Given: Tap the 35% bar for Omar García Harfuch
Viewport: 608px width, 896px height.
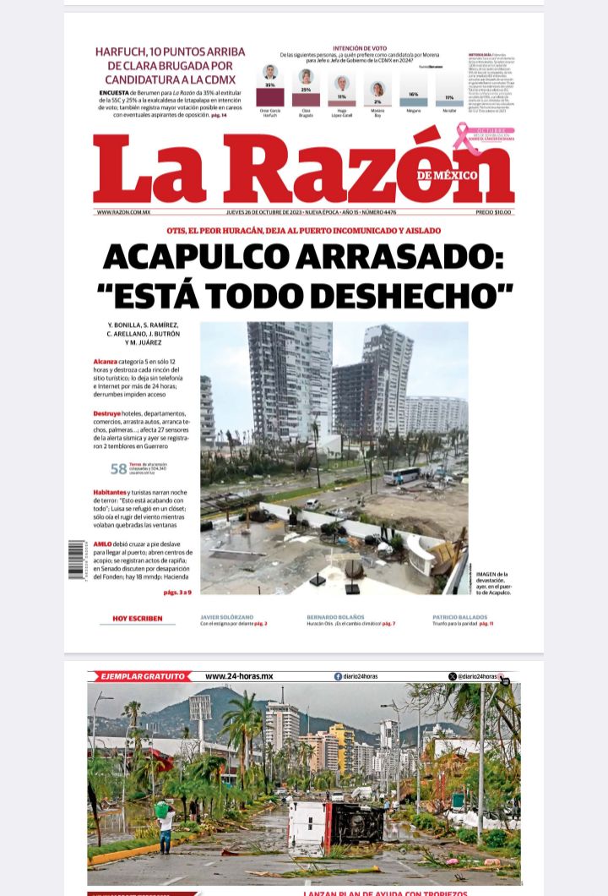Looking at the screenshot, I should pyautogui.click(x=270, y=96).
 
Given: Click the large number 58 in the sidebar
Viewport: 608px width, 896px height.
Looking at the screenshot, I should pyautogui.click(x=119, y=469).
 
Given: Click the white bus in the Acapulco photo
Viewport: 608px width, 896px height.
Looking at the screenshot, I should pyautogui.click(x=402, y=475).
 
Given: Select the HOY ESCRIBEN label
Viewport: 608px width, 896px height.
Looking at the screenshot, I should pyautogui.click(x=138, y=619).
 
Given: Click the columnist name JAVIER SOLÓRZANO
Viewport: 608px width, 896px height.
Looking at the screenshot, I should pyautogui.click(x=226, y=617).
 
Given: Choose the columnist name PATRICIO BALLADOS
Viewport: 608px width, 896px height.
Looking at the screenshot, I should pyautogui.click(x=461, y=617).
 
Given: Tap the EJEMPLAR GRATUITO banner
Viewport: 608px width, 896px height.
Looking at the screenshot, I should pyautogui.click(x=141, y=676).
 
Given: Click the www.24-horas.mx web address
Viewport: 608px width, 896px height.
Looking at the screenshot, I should pyautogui.click(x=239, y=676).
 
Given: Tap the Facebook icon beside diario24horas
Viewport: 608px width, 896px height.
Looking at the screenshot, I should pyautogui.click(x=339, y=676).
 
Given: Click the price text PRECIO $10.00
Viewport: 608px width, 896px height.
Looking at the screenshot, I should pyautogui.click(x=493, y=212).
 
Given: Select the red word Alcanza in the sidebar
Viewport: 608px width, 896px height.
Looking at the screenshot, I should pyautogui.click(x=106, y=361).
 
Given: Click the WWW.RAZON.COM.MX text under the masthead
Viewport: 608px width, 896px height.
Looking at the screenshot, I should pyautogui.click(x=123, y=212).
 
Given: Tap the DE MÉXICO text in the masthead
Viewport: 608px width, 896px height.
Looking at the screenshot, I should pyautogui.click(x=447, y=175).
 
